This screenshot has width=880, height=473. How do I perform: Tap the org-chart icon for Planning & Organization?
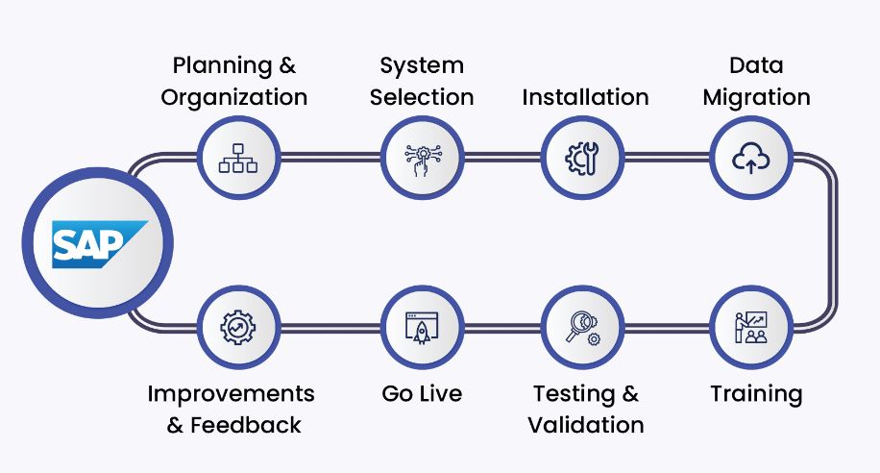tap(238, 158)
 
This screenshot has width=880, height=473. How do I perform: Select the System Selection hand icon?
tap(422, 158)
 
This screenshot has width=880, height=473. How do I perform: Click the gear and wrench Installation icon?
tap(583, 158)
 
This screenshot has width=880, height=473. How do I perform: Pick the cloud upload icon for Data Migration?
tap(751, 158)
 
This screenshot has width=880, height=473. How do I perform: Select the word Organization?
tap(234, 98)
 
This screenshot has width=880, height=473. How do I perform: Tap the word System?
tap(422, 66)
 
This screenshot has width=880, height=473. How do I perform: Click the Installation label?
tap(585, 98)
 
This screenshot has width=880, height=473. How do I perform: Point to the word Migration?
tap(756, 98)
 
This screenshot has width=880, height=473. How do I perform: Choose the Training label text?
tap(756, 394)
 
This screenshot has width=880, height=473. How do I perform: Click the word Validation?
tap(586, 425)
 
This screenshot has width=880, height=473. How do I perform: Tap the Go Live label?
tap(422, 394)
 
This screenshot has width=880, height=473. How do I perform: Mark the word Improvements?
tap(231, 394)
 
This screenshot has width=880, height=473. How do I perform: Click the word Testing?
tap(573, 394)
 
